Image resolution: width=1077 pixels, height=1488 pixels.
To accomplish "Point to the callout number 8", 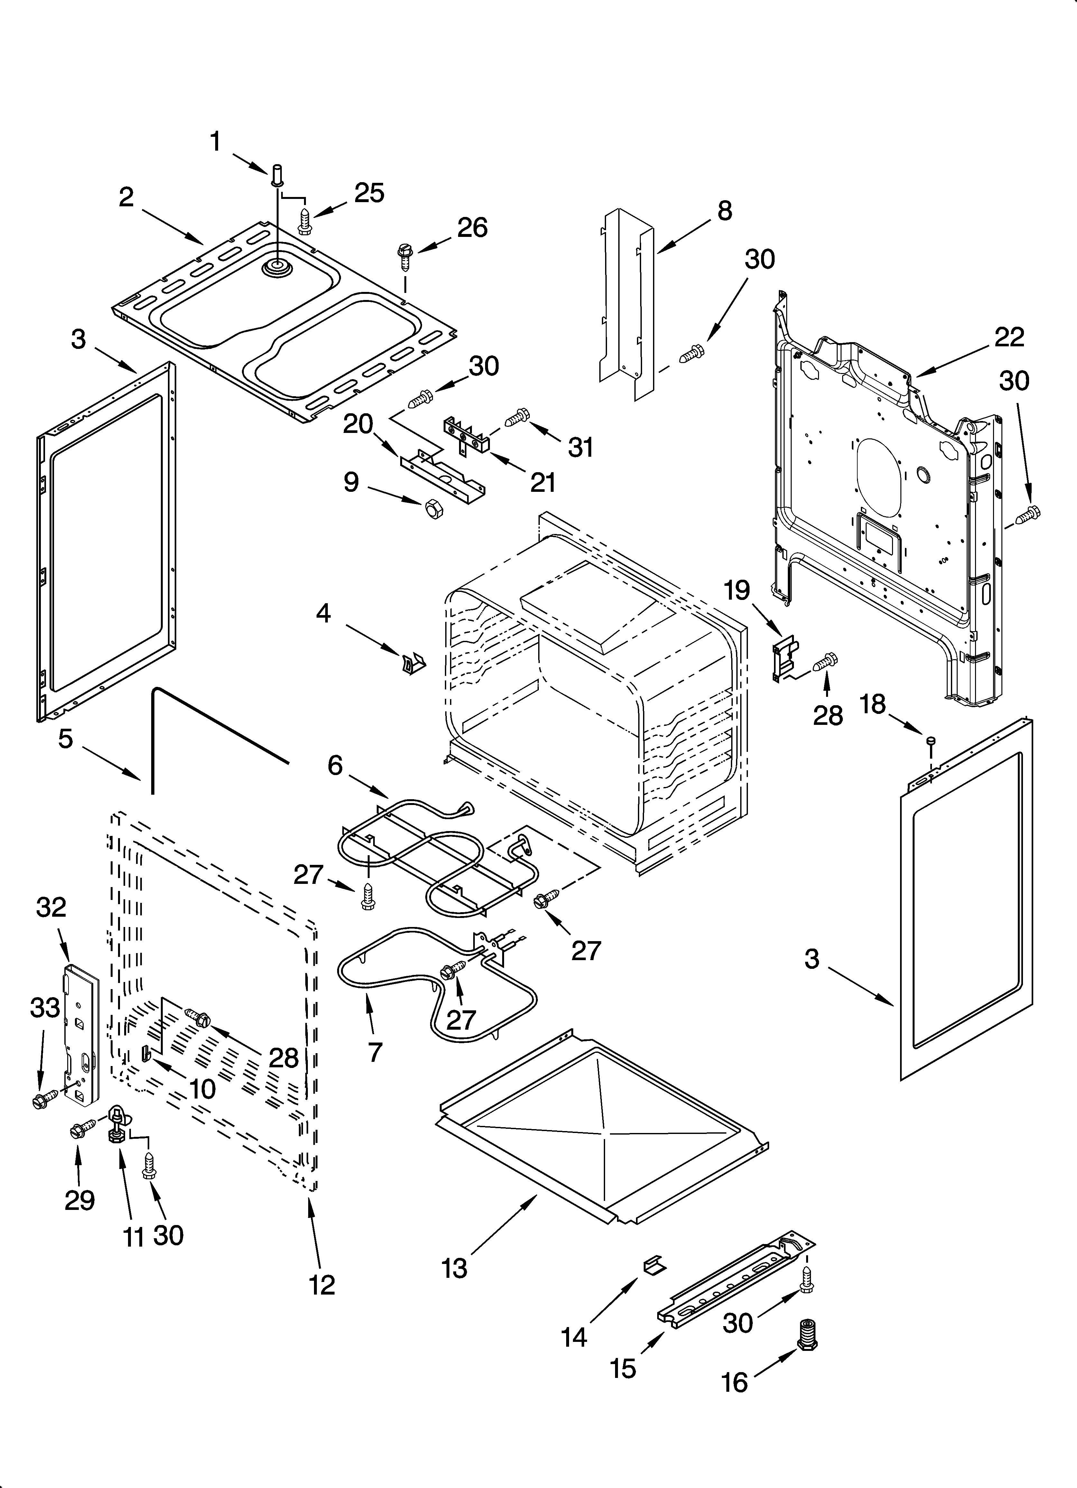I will [724, 211].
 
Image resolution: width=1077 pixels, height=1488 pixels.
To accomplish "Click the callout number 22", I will [1009, 337].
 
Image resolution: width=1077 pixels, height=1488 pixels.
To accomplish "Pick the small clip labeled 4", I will [413, 663].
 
